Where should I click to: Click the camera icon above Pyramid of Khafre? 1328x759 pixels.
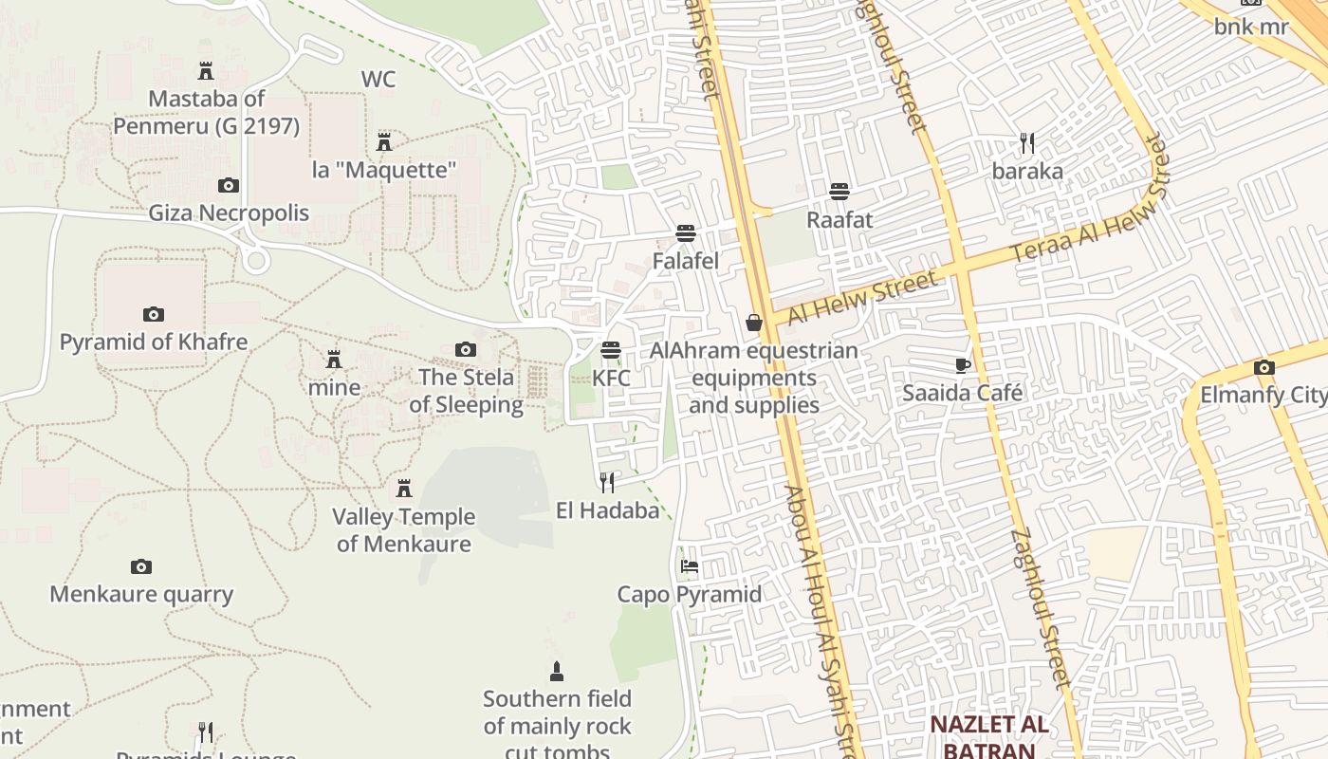pyautogui.click(x=153, y=314)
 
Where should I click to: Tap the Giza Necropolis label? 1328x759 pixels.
pyautogui.click(x=229, y=212)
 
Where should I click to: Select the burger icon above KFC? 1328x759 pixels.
pyautogui.click(x=611, y=350)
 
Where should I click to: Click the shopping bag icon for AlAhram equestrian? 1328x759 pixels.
pyautogui.click(x=754, y=323)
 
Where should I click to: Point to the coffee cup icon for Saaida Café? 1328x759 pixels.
pyautogui.click(x=963, y=365)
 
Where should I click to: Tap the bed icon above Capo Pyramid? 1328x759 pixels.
pyautogui.click(x=690, y=566)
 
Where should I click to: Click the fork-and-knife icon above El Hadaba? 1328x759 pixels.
pyautogui.click(x=607, y=482)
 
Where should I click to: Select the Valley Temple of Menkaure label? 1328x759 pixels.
pyautogui.click(x=404, y=530)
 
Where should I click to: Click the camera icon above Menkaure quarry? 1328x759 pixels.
pyautogui.click(x=141, y=566)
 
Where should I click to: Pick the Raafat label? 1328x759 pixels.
pyautogui.click(x=839, y=219)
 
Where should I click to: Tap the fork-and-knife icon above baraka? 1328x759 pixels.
pyautogui.click(x=1027, y=143)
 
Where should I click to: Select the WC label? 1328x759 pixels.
pyautogui.click(x=378, y=80)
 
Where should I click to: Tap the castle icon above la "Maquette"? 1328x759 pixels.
pyautogui.click(x=384, y=142)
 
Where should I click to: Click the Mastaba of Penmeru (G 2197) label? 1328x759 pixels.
pyautogui.click(x=207, y=111)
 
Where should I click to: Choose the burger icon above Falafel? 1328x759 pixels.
pyautogui.click(x=686, y=233)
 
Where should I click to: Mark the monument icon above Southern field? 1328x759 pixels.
pyautogui.click(x=557, y=672)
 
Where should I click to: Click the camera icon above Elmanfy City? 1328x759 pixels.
pyautogui.click(x=1263, y=367)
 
